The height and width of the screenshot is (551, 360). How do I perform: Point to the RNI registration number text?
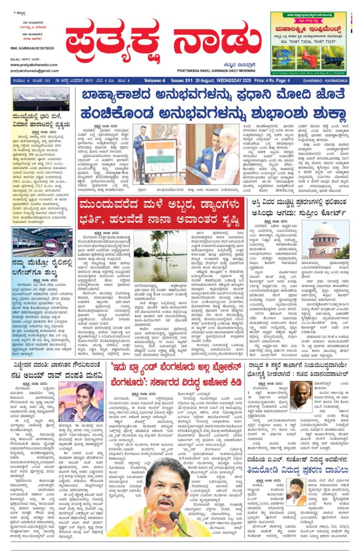[32, 48]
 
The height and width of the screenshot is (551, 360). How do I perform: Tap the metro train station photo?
[41, 241]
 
